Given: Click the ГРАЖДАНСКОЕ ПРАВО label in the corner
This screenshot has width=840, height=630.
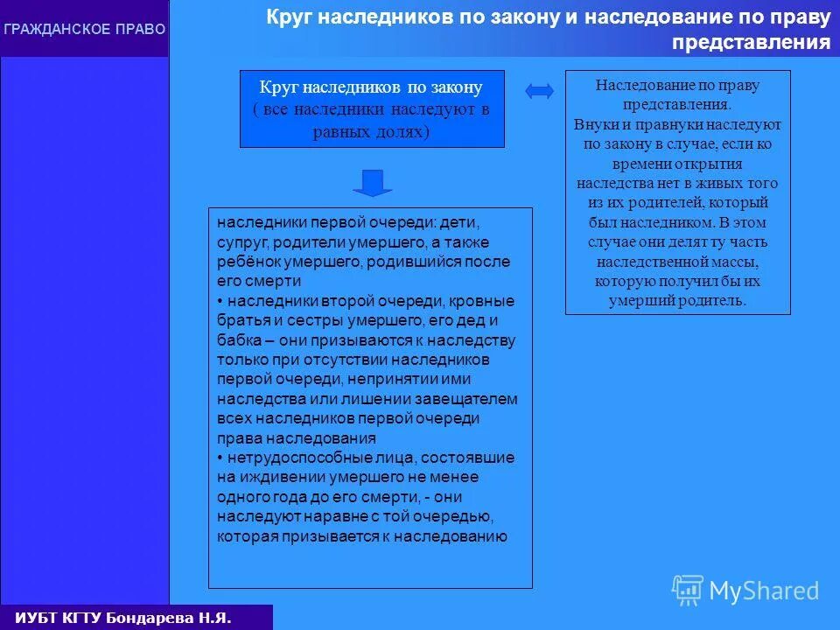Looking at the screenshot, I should (x=84, y=30).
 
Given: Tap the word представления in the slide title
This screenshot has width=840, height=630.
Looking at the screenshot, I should (x=751, y=43).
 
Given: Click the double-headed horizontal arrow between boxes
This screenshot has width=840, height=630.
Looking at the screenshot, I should (x=540, y=90).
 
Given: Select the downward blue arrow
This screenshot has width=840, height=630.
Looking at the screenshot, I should (x=373, y=182).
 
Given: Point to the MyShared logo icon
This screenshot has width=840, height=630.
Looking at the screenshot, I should (x=687, y=590).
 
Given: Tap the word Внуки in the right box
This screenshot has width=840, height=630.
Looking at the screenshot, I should (x=593, y=125).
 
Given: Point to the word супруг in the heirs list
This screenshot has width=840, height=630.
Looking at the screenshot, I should (x=238, y=241).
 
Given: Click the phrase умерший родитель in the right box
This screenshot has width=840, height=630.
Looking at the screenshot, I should (x=677, y=300).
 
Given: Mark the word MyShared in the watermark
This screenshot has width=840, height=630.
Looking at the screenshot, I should (x=764, y=591).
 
